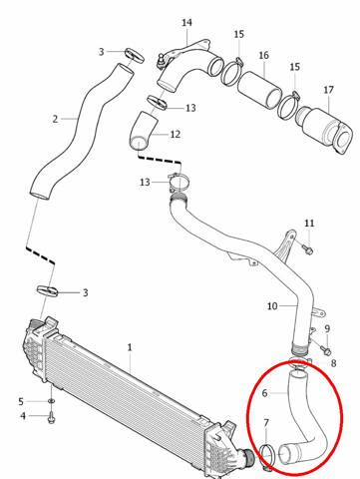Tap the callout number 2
pos(56,119)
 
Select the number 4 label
pos(23,415)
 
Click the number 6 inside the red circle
pos(265,393)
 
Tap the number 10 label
pos(272,306)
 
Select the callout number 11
pos(309,223)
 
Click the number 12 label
pos(175,134)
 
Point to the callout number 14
pos(187,22)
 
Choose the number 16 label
pos(263,55)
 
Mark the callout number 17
pos(328,90)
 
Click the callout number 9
pos(326,327)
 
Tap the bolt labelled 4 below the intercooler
pos(52,416)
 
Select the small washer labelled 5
pos(49,401)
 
